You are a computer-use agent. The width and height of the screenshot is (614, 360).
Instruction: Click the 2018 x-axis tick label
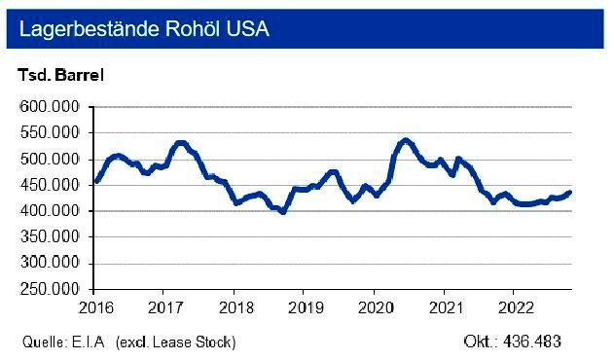pos(234,307)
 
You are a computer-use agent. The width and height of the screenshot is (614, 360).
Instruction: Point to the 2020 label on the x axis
pos(374,307)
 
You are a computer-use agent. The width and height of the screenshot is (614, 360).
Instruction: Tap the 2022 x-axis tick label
pos(513,307)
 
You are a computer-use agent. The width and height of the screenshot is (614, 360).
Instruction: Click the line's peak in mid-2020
pos(406,140)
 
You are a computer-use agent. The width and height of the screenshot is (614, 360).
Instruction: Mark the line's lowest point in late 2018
pos(282,211)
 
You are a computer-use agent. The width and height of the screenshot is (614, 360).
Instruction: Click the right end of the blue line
pos(570,192)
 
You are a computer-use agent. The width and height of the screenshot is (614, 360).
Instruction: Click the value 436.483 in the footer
pos(533,342)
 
